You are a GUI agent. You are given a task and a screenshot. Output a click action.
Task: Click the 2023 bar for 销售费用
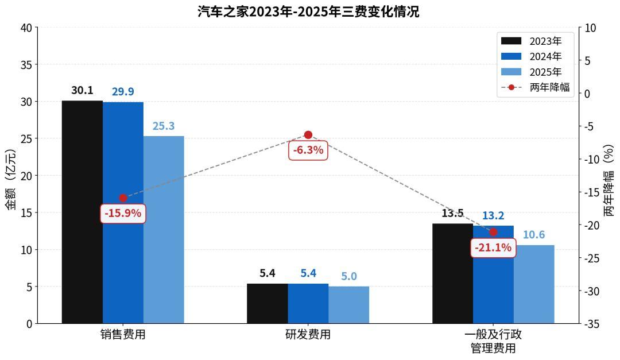(82, 212)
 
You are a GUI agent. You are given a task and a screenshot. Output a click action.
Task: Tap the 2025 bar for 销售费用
(164, 230)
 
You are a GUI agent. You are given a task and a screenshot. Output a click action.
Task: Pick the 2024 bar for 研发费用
(308, 304)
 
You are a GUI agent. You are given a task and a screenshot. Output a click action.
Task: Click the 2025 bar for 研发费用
(349, 305)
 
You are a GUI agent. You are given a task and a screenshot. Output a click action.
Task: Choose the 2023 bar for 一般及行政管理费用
(452, 273)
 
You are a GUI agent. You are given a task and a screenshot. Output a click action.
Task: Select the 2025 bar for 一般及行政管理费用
(534, 284)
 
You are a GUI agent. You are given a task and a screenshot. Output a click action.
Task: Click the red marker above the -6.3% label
(308, 135)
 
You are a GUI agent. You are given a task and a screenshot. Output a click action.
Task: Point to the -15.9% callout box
(123, 214)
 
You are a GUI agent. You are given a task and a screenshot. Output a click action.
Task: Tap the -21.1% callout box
(493, 248)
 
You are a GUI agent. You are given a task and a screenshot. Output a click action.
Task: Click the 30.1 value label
(82, 91)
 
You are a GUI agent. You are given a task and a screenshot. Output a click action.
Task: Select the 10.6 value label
(534, 235)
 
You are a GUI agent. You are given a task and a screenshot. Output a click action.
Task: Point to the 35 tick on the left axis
(26, 64)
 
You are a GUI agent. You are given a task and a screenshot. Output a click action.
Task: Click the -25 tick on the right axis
(592, 258)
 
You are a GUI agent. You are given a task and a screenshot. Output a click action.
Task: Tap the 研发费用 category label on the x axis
(308, 335)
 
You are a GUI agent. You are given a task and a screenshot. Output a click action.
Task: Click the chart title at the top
(308, 11)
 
